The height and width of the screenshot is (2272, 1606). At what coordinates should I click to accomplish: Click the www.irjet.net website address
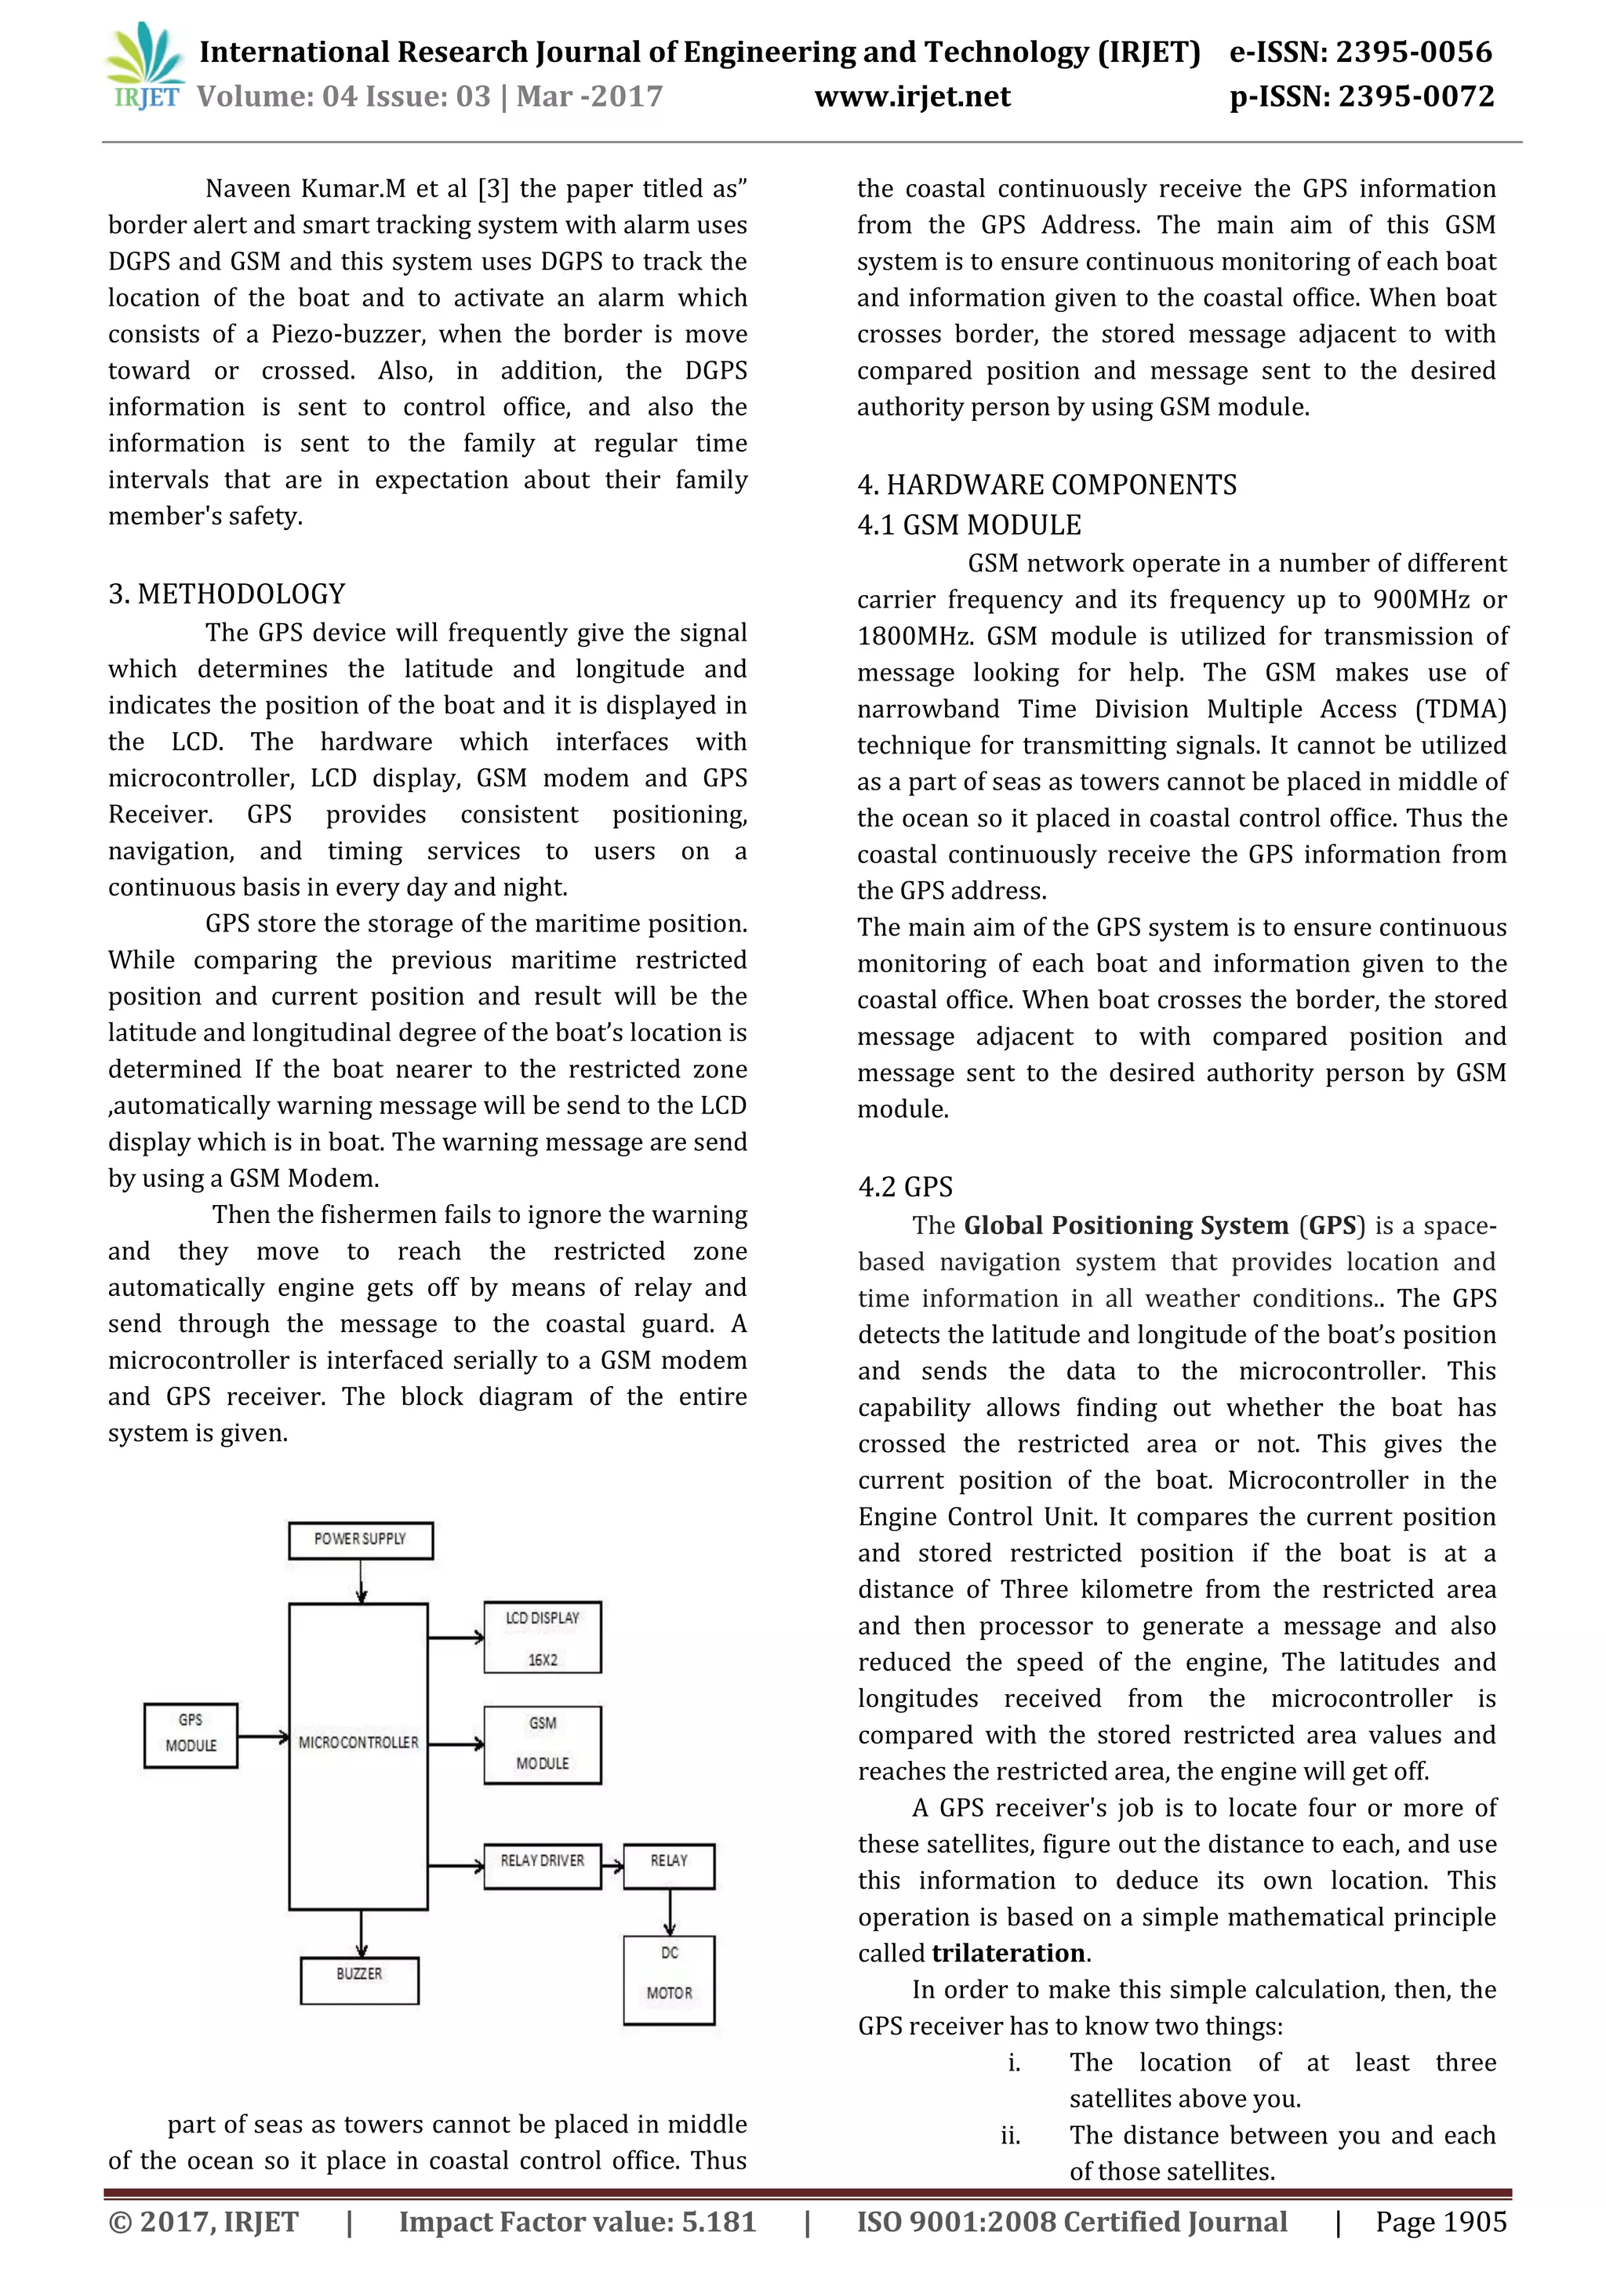click(911, 97)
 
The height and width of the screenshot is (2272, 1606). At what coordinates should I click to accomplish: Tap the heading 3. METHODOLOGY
click(227, 593)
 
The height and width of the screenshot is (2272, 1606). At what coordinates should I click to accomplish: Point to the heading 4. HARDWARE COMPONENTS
click(1046, 485)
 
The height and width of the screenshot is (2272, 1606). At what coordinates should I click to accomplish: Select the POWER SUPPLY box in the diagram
click(360, 1540)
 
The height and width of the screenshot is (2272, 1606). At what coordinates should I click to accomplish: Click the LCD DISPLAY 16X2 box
click(542, 1638)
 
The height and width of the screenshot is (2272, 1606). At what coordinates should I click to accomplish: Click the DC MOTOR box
click(669, 1973)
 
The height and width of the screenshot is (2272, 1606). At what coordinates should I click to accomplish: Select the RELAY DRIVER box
click(542, 1861)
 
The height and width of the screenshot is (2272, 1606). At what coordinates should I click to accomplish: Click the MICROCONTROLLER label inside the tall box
click(358, 1741)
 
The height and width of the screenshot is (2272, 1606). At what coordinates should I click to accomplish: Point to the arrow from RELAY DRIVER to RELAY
click(612, 1866)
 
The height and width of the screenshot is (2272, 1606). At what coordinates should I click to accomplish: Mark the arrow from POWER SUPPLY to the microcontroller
click(362, 1581)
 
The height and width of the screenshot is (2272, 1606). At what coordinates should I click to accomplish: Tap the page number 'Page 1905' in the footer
click(1441, 2223)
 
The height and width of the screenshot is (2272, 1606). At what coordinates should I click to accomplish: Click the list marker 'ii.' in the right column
click(1010, 2136)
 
